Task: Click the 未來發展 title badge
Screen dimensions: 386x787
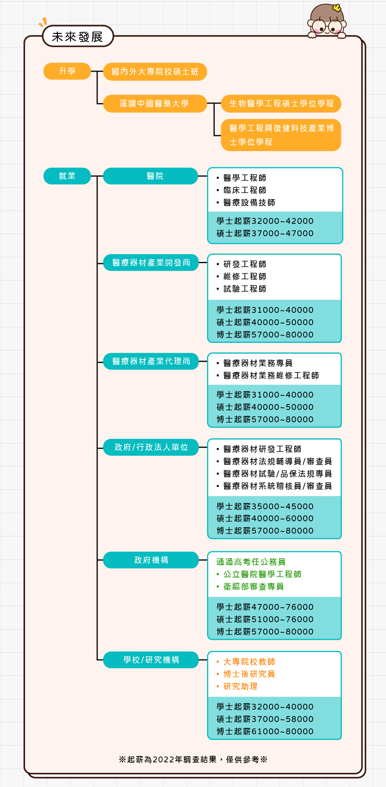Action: click(x=78, y=36)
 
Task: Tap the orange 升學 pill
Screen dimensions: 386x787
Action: click(x=67, y=71)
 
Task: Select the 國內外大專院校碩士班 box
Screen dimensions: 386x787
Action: click(x=155, y=72)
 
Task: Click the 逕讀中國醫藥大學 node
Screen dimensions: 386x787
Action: click(x=155, y=104)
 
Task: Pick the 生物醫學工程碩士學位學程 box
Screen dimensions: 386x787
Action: click(x=281, y=104)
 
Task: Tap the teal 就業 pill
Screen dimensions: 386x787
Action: click(x=67, y=176)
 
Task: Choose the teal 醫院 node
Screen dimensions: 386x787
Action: click(x=151, y=176)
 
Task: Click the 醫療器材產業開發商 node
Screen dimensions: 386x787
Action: click(x=151, y=262)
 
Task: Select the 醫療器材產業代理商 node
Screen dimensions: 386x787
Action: click(x=151, y=361)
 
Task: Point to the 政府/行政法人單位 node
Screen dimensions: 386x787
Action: click(x=151, y=447)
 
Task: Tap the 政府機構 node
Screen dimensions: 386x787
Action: click(x=151, y=560)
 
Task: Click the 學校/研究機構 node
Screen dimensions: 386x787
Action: click(x=151, y=659)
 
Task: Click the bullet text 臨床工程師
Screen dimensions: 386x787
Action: click(x=245, y=190)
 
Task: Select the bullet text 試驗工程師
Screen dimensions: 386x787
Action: click(x=245, y=289)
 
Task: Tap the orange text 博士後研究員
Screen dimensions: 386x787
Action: click(x=249, y=674)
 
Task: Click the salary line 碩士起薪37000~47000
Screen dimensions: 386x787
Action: click(x=265, y=233)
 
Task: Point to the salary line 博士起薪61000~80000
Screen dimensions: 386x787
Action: click(x=265, y=731)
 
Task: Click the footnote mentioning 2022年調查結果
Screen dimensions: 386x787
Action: click(x=193, y=759)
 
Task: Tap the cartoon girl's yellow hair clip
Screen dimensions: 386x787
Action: click(x=337, y=7)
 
